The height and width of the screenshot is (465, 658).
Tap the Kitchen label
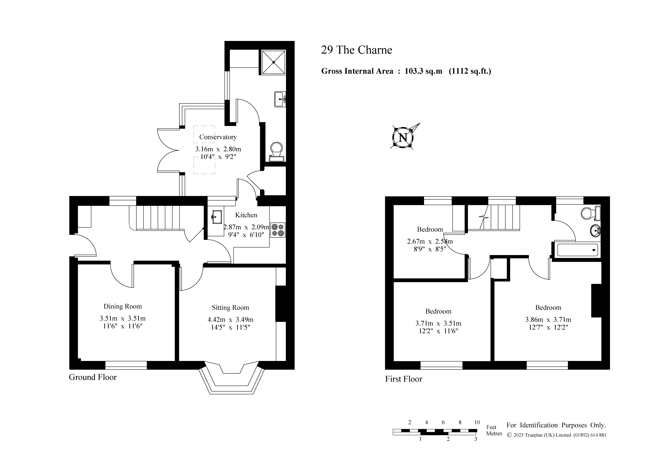(246, 215)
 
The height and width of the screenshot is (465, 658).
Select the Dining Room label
(123, 306)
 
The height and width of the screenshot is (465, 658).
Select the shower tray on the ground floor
(273, 62)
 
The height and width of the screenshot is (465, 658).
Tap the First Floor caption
(404, 379)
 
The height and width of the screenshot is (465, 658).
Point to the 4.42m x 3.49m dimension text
(230, 319)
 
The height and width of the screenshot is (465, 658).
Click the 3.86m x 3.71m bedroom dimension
(548, 319)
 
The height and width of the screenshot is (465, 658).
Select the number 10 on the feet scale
(477, 422)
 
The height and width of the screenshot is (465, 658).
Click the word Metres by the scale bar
(494, 434)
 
